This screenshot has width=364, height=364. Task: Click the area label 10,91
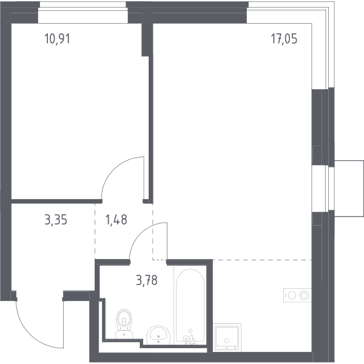click(x=57, y=39)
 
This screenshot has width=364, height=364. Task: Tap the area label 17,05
click(x=284, y=39)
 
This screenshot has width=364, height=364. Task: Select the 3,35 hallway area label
click(x=56, y=220)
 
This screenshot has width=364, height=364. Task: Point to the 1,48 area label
click(x=116, y=220)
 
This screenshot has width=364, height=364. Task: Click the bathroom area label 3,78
click(x=147, y=280)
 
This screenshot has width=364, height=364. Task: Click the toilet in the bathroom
click(x=124, y=323)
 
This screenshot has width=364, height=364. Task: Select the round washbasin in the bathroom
click(x=158, y=335)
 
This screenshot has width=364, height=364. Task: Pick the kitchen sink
click(x=227, y=337)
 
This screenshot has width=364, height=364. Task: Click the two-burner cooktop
click(x=297, y=295)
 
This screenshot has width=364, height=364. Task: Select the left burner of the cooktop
click(x=292, y=295)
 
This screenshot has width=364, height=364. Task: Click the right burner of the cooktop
click(x=304, y=295)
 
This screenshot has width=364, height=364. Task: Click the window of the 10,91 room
click(x=83, y=13)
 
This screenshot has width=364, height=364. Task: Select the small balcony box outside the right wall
click(x=349, y=189)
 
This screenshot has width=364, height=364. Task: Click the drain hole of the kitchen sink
click(x=227, y=340)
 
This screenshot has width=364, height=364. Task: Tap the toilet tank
click(x=124, y=334)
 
